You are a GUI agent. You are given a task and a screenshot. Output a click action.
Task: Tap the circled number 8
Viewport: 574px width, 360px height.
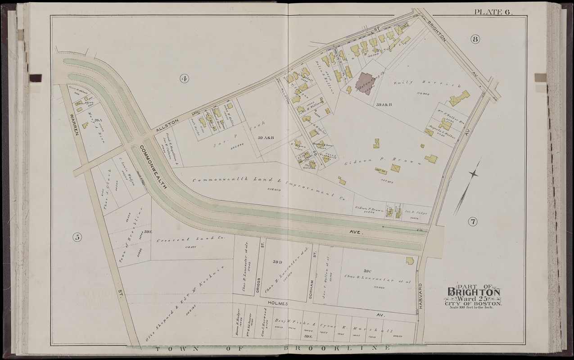pos(475,39)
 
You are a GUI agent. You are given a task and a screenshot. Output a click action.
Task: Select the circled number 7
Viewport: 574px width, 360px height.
pos(472,221)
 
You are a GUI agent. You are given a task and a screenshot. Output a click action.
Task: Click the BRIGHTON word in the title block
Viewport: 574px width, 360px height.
pos(473,293)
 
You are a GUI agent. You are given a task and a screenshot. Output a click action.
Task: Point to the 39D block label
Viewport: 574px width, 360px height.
pos(277,261)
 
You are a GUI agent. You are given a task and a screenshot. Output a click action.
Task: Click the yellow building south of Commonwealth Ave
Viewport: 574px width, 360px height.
pos(410,261)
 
